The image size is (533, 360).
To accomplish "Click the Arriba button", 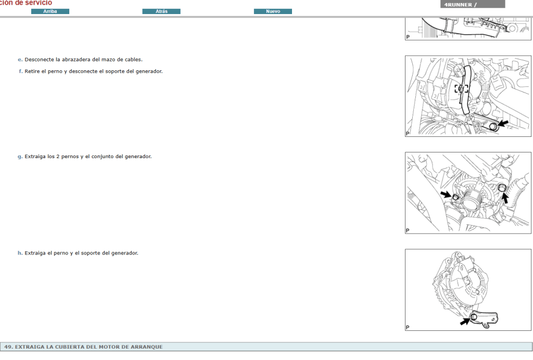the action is tap(50, 11).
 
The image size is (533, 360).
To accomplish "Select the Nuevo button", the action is tap(273, 11).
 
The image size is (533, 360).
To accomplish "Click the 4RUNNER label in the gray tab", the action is tap(458, 5).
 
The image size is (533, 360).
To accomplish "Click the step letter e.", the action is tap(20, 60).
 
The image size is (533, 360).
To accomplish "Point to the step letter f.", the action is tap(21, 71).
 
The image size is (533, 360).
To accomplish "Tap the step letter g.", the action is tap(20, 157).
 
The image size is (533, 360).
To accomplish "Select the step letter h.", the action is tap(20, 253).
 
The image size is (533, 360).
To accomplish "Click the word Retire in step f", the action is tap(32, 71).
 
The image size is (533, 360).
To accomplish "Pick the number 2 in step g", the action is tap(58, 157).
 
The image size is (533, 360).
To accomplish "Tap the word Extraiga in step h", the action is tap(35, 253).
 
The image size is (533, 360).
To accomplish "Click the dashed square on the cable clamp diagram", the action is tap(461, 88).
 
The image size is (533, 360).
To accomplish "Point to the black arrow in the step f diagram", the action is tap(503, 123).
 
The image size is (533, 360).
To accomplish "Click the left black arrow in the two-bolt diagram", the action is tap(446, 194).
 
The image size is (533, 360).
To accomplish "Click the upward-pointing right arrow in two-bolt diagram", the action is tap(505, 198).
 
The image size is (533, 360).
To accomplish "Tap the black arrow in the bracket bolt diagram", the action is tap(465, 321).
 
